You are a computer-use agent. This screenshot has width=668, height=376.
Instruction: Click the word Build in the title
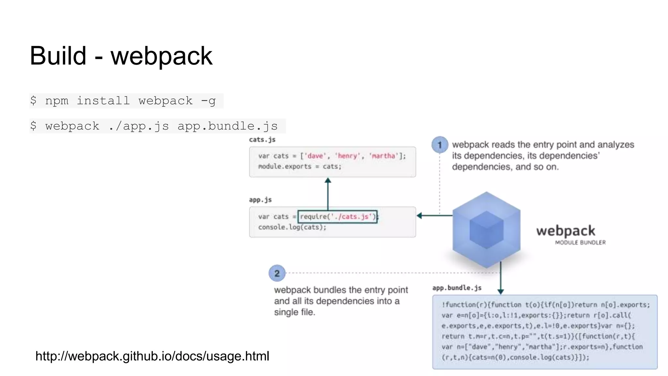[x=58, y=56]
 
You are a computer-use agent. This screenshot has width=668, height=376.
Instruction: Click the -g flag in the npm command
[x=208, y=101]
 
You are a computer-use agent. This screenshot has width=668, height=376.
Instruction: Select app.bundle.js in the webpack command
[x=227, y=126]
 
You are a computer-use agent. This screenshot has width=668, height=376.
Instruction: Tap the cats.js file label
[x=262, y=140]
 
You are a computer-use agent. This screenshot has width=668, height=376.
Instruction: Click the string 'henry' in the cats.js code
[x=347, y=156]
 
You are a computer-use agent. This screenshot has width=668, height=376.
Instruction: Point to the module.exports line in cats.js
[x=299, y=166]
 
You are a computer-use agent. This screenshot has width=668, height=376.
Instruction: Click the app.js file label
[x=260, y=200]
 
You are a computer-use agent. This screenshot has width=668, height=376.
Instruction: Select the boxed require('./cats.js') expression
[x=337, y=217]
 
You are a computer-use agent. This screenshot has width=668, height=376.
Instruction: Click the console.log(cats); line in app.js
[x=292, y=227]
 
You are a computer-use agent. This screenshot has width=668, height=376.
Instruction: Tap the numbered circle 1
[x=439, y=145]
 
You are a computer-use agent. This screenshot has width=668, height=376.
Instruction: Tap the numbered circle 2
[x=277, y=273]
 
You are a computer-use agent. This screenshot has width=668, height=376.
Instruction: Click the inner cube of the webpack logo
[x=486, y=230]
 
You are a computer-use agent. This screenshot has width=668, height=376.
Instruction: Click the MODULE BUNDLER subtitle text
[x=580, y=243]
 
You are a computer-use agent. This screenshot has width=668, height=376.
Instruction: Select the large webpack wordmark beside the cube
[x=566, y=231]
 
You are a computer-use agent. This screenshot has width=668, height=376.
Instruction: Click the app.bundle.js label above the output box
[x=457, y=288]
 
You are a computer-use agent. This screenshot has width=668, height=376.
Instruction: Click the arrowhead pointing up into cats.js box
[x=328, y=180]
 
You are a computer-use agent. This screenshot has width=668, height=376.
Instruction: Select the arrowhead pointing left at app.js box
[x=419, y=215]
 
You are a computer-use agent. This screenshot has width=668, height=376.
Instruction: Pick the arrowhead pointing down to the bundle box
[x=501, y=291]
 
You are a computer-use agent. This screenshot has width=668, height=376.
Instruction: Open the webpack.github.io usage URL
[x=152, y=356]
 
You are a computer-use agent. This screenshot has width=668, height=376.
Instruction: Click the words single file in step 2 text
[x=294, y=312]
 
